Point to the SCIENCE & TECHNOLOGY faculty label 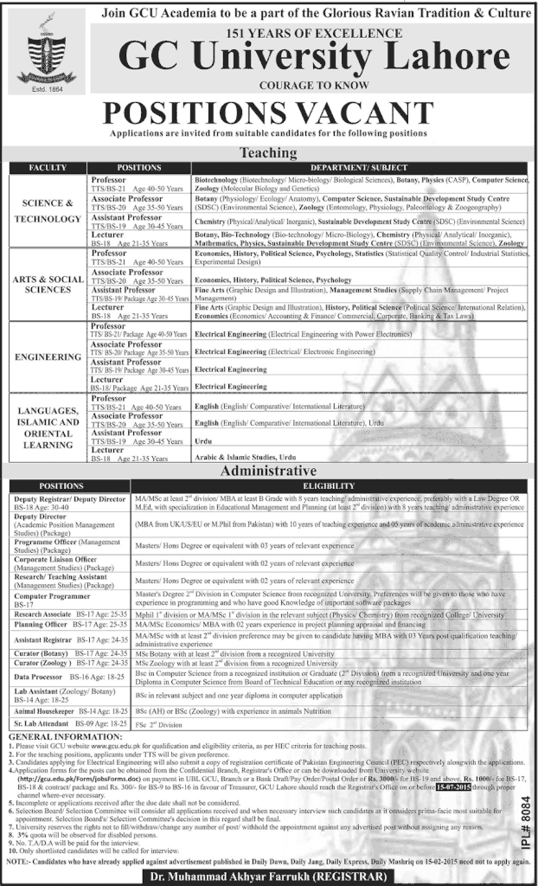click(48, 213)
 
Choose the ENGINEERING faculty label click(48, 356)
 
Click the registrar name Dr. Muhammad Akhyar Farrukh click(270, 875)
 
